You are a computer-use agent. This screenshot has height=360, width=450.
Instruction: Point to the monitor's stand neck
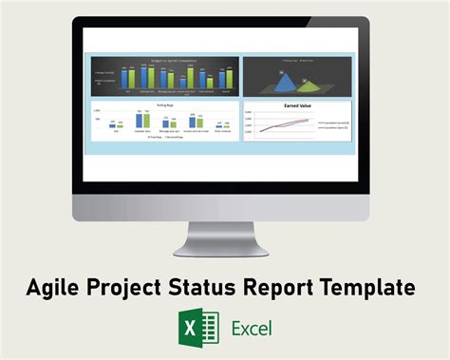(224, 232)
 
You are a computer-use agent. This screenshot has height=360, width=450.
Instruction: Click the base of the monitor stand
(224, 251)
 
